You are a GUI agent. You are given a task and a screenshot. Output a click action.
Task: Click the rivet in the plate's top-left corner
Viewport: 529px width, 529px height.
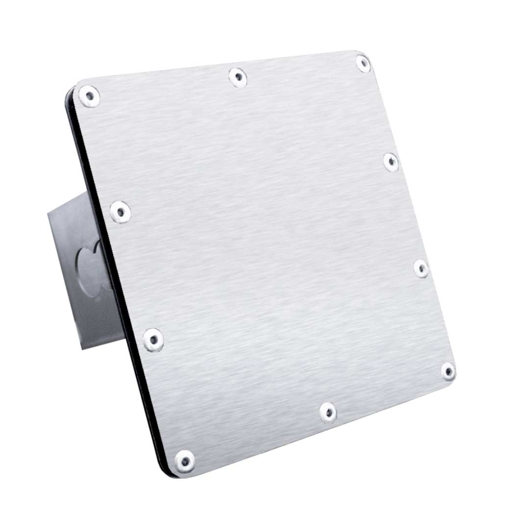89,96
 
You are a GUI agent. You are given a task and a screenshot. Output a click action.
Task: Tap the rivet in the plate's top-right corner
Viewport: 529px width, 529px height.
363,64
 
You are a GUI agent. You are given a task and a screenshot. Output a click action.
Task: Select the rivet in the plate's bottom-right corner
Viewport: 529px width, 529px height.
448,371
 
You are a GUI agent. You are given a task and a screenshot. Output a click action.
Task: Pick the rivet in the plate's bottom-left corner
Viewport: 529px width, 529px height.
185,461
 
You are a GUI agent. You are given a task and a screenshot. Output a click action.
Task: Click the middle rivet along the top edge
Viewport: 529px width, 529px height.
238,77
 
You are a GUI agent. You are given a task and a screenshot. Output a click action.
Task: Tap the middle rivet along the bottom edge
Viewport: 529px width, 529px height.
328,412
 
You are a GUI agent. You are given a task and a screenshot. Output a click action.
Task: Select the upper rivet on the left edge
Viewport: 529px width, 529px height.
120,212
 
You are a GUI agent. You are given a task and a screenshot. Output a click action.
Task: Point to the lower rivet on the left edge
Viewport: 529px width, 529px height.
153,339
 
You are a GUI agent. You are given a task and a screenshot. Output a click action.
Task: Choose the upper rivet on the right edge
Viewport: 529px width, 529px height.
390,162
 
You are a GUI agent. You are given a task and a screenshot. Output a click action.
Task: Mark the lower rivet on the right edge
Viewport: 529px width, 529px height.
421,268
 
